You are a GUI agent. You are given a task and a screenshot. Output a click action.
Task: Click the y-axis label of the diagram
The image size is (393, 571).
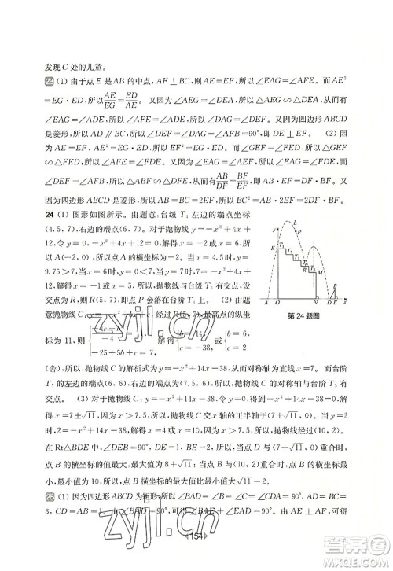[x=274, y=230]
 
